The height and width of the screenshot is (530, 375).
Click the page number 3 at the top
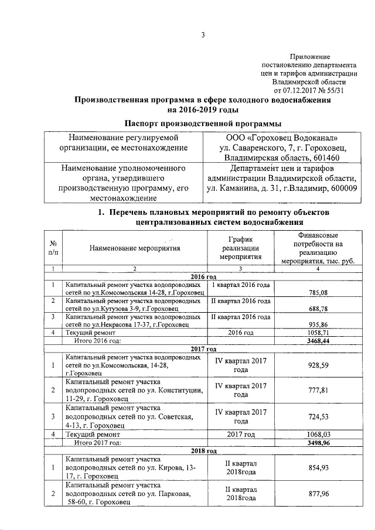tap(203, 35)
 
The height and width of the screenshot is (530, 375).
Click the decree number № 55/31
tap(336, 91)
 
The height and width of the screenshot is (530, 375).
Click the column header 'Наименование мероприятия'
tap(134, 248)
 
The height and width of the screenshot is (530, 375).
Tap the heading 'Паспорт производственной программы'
tap(203, 123)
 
